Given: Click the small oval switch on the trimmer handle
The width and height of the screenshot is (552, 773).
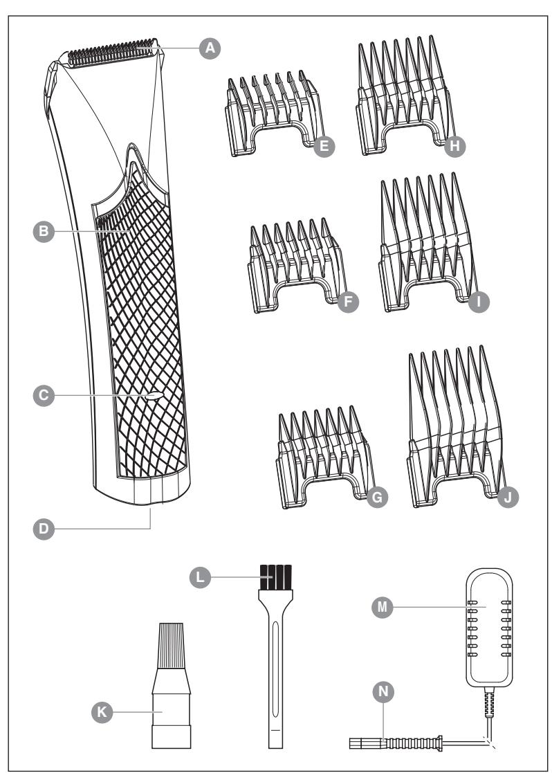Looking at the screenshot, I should (x=154, y=396).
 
